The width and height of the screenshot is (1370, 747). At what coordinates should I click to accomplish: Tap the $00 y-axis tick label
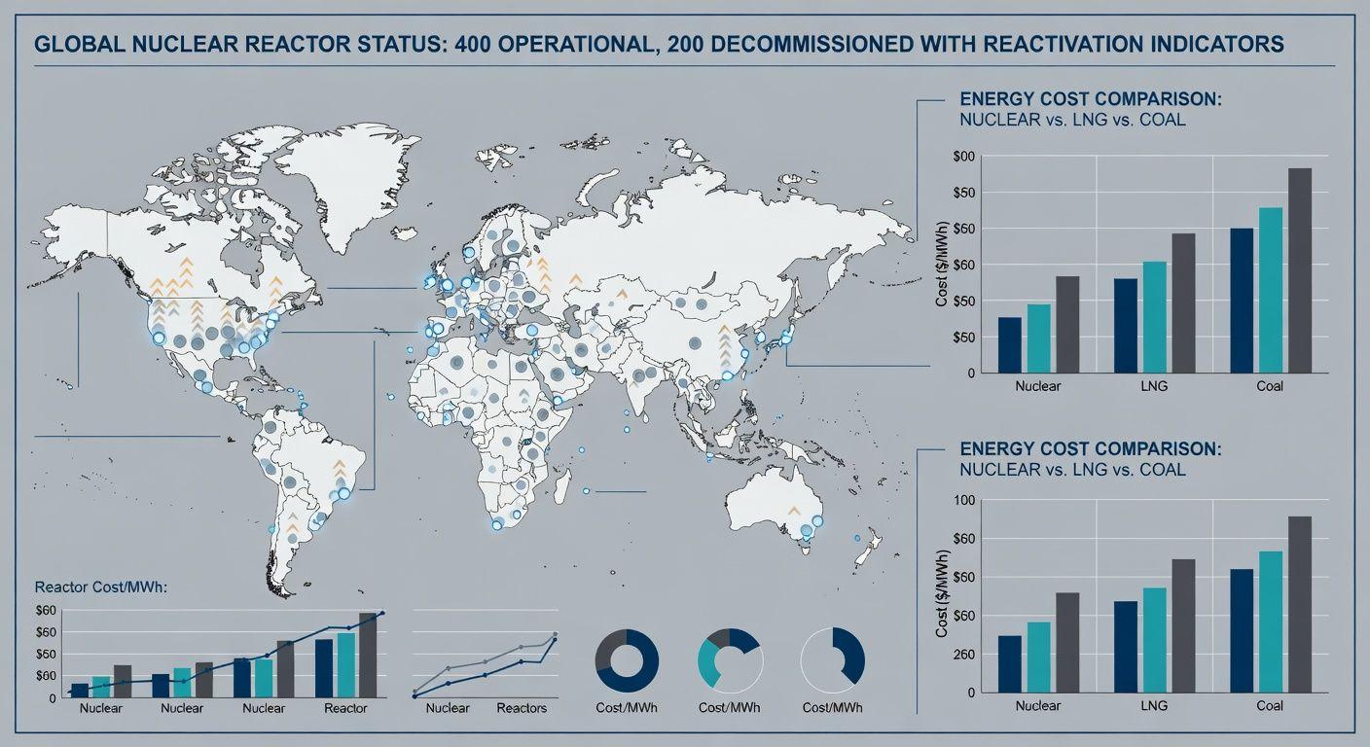[963, 156]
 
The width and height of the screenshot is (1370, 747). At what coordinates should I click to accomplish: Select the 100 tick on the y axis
[963, 500]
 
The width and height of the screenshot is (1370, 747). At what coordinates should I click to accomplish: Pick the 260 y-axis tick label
[963, 655]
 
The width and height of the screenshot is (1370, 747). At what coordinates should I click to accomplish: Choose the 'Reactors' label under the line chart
[522, 708]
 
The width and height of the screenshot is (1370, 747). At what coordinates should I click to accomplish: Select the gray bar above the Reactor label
[368, 655]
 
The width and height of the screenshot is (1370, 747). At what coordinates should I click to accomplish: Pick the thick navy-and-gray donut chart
[627, 660]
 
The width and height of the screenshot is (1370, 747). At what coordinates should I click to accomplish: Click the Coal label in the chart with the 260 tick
[1269, 705]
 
